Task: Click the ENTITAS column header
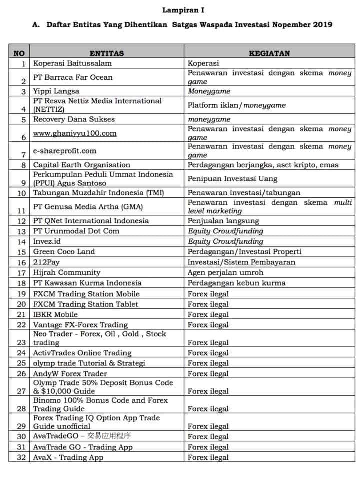click(106, 53)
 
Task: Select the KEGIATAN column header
click(269, 53)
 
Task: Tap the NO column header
click(19, 53)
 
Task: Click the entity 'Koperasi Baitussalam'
click(72, 63)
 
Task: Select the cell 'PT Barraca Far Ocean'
click(73, 77)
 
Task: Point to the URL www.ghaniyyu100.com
click(75, 133)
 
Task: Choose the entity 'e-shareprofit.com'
click(65, 151)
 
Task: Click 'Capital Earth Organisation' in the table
click(82, 165)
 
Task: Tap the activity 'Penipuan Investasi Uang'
click(232, 178)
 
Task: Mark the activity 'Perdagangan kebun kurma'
click(237, 283)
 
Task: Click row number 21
click(21, 315)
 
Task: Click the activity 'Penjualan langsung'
click(223, 221)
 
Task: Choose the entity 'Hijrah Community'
click(67, 273)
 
